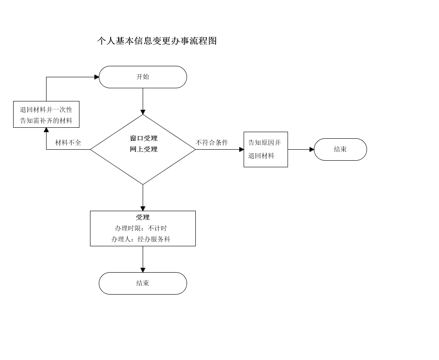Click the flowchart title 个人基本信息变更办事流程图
pos(157,41)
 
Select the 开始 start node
pos(143,77)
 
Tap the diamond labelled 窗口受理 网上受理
pos(143,149)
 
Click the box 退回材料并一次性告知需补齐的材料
pos(46,115)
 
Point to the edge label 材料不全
pos(68,143)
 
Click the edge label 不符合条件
pos(212,143)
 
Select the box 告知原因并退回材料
pos(266,149)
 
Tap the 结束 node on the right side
pos(341,149)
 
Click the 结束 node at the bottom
pos(143,283)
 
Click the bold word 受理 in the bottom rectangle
pos(143,217)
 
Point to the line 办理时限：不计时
pos(141,228)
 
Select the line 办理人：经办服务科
pos(141,239)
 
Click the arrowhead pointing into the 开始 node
pos(97,77)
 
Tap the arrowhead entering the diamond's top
pos(143,112)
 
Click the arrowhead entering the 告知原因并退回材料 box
pos(241,149)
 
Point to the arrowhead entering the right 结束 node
pos(312,149)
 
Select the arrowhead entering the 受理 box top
pos(143,209)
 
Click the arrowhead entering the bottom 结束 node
pos(143,270)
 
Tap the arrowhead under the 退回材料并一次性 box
pos(46,130)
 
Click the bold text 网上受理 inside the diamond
pos(144,149)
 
